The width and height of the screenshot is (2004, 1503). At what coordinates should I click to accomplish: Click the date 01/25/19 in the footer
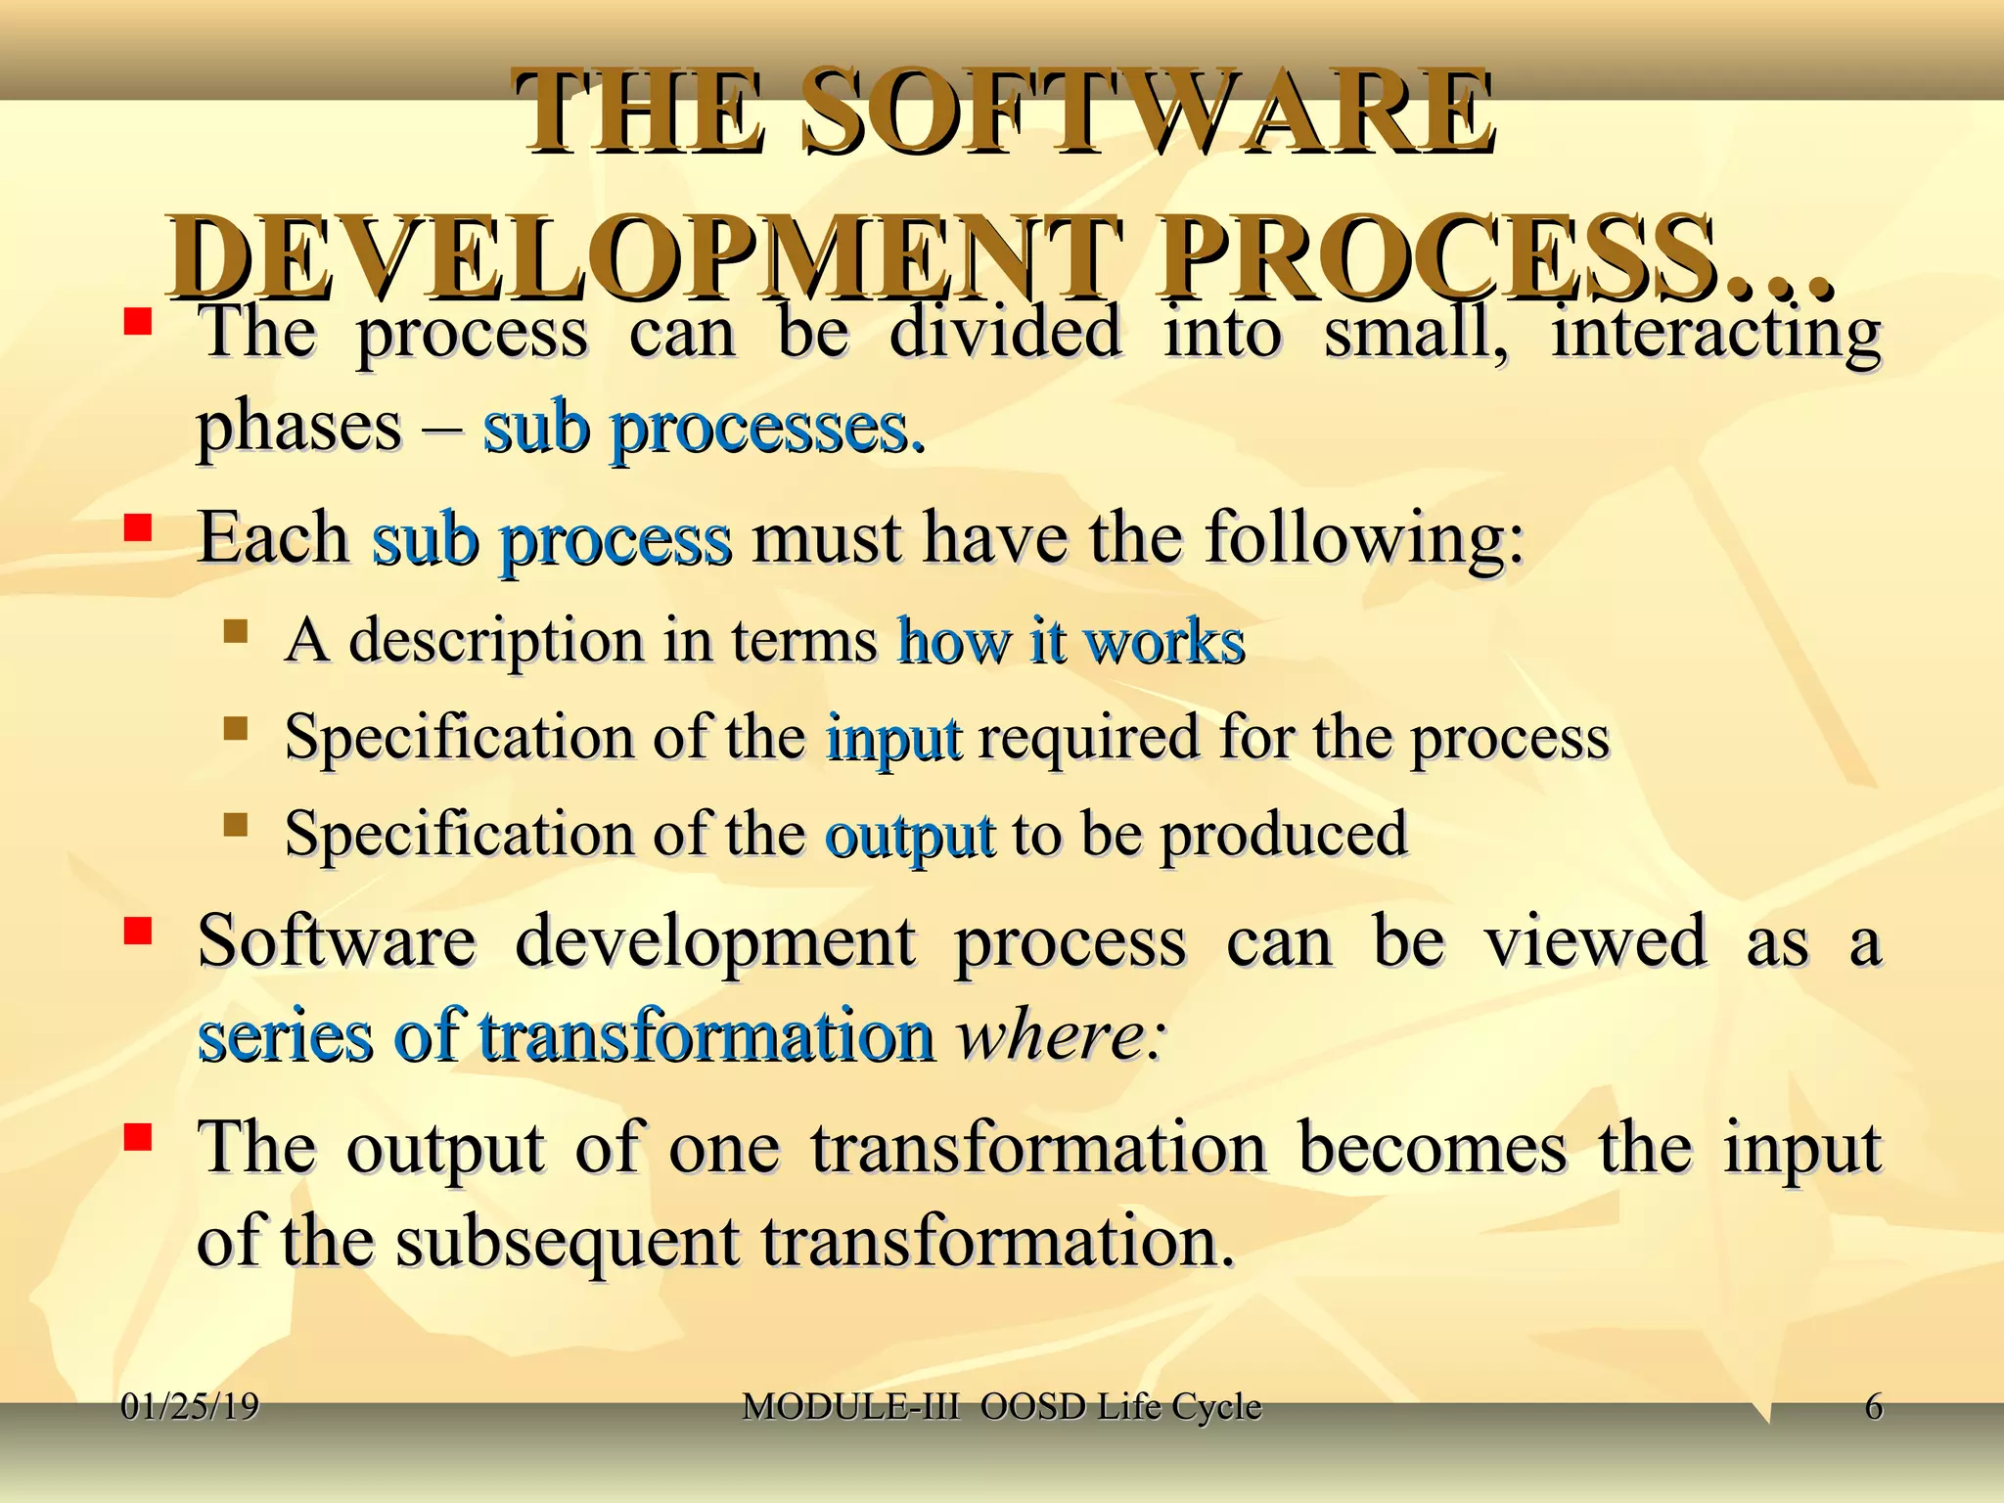point(190,1407)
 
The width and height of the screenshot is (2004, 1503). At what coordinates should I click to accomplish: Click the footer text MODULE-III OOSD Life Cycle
point(1001,1407)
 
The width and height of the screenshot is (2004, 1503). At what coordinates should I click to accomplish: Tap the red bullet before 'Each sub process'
point(137,529)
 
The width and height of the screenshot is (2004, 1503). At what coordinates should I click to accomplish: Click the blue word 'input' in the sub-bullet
point(892,738)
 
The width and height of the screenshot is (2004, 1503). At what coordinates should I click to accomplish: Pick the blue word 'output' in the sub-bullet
point(909,835)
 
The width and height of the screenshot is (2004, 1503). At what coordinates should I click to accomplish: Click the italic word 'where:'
point(1060,1035)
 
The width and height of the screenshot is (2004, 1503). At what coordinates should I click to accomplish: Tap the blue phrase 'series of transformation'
point(565,1035)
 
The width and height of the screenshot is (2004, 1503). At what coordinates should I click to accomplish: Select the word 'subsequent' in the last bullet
point(567,1242)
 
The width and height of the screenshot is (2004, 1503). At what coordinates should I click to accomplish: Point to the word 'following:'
point(1364,537)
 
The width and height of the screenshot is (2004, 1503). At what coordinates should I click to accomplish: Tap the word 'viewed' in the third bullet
point(1595,940)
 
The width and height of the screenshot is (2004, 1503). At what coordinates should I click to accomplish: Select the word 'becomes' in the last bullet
point(1432,1147)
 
